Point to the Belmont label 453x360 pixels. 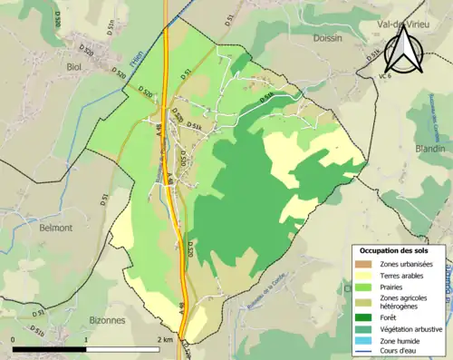pyautogui.click(x=55, y=229)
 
